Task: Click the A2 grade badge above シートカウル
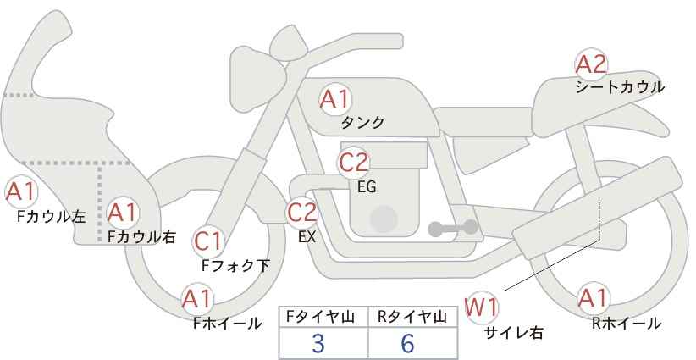pyautogui.click(x=590, y=64)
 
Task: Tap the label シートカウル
pyautogui.click(x=620, y=86)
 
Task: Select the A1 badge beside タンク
pyautogui.click(x=334, y=99)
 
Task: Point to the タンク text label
pyautogui.click(x=362, y=122)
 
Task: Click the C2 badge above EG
pyautogui.click(x=353, y=161)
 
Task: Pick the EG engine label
pyautogui.click(x=367, y=186)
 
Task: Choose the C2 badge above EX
pyautogui.click(x=302, y=213)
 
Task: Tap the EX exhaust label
pyautogui.click(x=307, y=237)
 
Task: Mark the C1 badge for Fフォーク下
pyautogui.click(x=207, y=241)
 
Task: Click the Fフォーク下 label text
pyautogui.click(x=235, y=265)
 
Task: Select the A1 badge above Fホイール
pyautogui.click(x=197, y=299)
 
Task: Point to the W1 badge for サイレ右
pyautogui.click(x=482, y=306)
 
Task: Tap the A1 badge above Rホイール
pyautogui.click(x=592, y=298)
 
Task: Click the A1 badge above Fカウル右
pyautogui.click(x=123, y=212)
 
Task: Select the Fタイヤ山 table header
pyautogui.click(x=323, y=317)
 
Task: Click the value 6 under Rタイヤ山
pyautogui.click(x=407, y=343)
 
